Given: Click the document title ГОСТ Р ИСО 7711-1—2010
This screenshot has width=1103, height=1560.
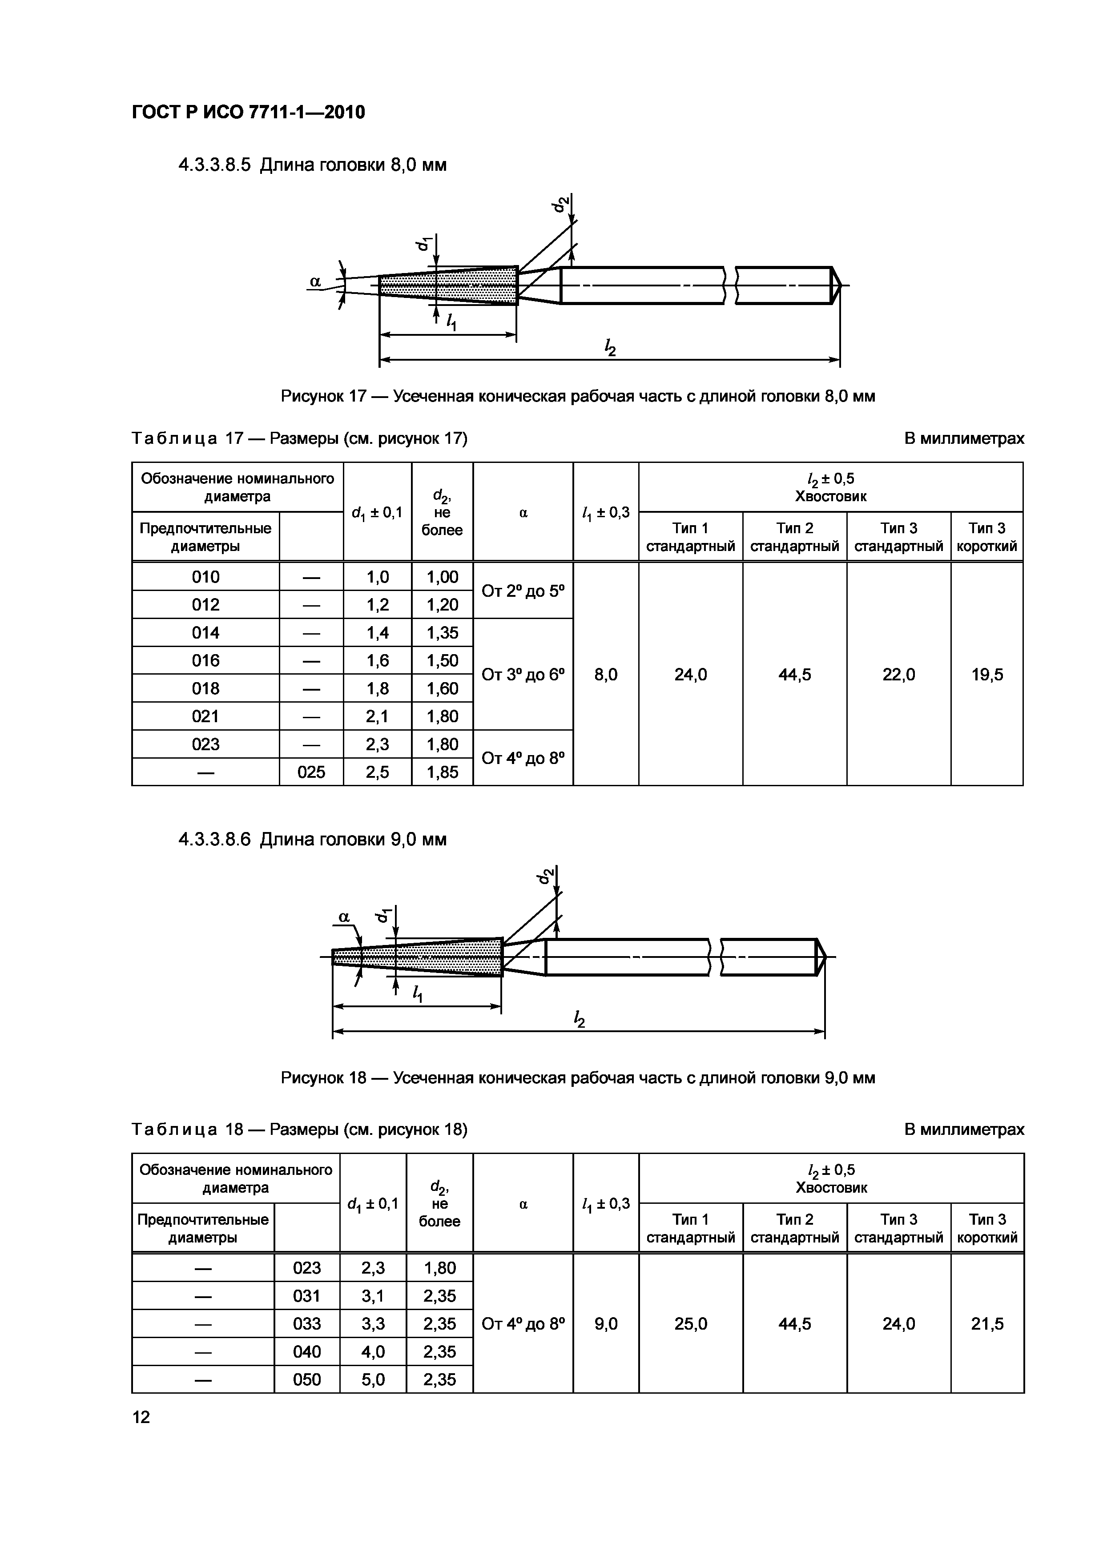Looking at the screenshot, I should (x=248, y=112).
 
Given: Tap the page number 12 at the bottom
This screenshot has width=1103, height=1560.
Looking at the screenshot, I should (x=141, y=1417).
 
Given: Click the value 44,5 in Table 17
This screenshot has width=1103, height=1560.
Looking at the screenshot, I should (x=794, y=674).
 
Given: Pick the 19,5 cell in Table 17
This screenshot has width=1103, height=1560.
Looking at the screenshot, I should (x=987, y=674).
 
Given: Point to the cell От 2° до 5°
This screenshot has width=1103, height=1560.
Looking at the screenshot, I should (x=523, y=591).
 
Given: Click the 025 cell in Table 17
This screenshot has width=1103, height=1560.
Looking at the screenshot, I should (x=311, y=772).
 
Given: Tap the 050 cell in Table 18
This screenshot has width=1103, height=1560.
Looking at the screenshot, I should (x=306, y=1379).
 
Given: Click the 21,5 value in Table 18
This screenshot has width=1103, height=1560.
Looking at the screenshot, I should (x=987, y=1323).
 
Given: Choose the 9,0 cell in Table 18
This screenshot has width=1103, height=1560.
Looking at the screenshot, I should (x=605, y=1323).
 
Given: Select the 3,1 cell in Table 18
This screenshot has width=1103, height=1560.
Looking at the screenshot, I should (x=372, y=1296).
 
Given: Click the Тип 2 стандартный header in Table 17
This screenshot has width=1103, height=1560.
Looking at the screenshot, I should (x=794, y=537).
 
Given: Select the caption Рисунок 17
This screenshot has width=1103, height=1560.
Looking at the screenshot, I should (x=578, y=396).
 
